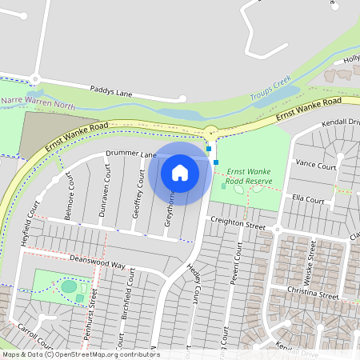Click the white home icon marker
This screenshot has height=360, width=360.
pyautogui.click(x=180, y=172)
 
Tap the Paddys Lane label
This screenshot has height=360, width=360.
pyautogui.click(x=111, y=93)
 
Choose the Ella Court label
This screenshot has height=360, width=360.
pyautogui.click(x=308, y=199)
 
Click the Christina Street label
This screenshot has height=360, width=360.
pyautogui.click(x=314, y=294)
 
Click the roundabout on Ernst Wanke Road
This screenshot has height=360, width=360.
pyautogui.click(x=211, y=132)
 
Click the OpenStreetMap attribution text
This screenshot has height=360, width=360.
pyautogui.click(x=80, y=354)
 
